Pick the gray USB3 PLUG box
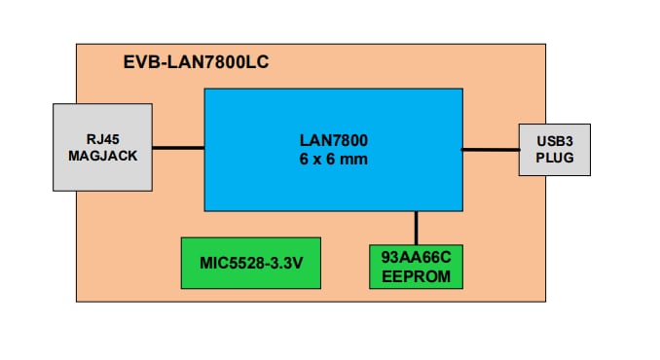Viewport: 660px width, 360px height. [554, 149]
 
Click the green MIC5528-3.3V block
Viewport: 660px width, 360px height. [252, 263]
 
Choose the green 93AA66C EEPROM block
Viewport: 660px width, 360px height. [416, 265]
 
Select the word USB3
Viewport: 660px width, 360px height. [554, 141]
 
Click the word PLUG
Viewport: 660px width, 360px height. [554, 158]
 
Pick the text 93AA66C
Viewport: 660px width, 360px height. [416, 257]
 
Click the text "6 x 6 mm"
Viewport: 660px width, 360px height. [333, 159]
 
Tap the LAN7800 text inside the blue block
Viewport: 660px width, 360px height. [333, 142]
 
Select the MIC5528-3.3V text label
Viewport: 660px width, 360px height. [252, 263]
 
